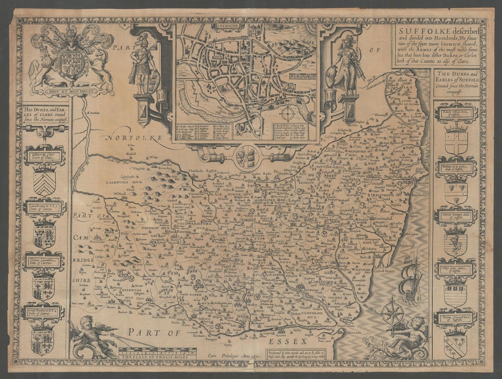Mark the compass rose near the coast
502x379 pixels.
point(392,314)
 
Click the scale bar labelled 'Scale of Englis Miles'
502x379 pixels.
point(157,353)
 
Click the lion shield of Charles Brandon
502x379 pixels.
point(455,242)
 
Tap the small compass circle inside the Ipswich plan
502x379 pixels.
point(288,113)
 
